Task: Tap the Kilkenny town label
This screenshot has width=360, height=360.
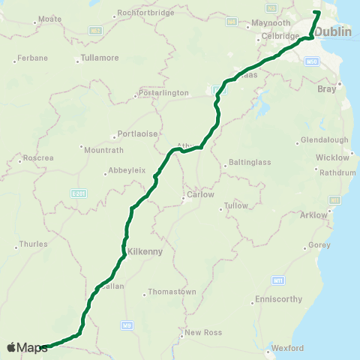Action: tap(145, 252)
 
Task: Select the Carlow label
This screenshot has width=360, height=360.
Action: tap(200, 194)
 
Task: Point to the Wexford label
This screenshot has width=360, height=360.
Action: tap(288, 348)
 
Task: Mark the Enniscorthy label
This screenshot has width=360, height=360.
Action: tap(278, 298)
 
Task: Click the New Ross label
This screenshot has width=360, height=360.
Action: tap(201, 331)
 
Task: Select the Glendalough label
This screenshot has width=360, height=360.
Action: tap(324, 140)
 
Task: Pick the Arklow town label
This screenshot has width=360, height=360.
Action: tap(313, 215)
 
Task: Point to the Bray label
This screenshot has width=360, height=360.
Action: tap(327, 88)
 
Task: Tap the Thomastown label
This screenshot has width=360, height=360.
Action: tap(172, 291)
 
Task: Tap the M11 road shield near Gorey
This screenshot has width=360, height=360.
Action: tap(277, 280)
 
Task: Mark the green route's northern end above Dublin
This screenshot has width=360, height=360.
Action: tap(317, 12)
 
